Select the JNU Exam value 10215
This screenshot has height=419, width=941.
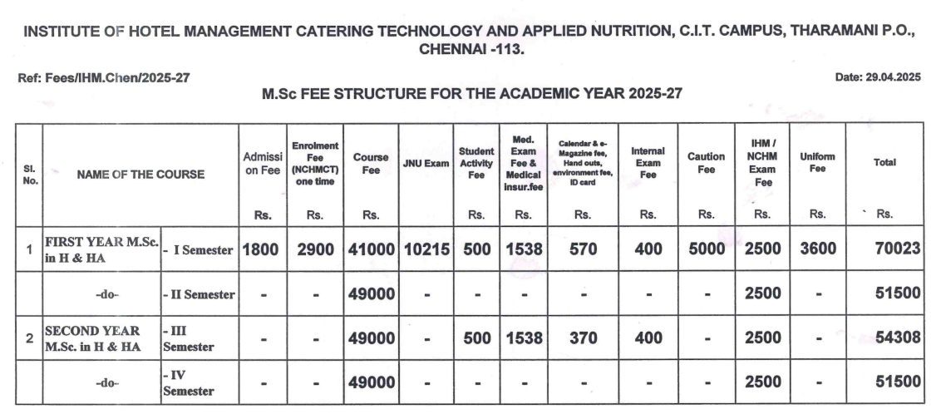tap(426, 249)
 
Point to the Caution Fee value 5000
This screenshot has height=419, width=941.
tap(706, 249)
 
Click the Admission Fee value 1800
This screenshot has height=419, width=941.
tap(263, 249)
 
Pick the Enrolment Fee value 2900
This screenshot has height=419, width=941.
tap(314, 249)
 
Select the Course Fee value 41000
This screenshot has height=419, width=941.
tap(371, 249)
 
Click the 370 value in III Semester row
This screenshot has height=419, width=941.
tap(583, 338)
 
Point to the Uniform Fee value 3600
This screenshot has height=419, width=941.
tap(817, 249)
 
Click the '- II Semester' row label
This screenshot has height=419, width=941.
tap(199, 294)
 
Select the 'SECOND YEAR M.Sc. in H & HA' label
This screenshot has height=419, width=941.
tap(92, 338)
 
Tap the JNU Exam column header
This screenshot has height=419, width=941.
tap(426, 163)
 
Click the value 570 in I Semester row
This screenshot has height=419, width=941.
tap(583, 249)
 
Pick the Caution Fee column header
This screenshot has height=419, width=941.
tap(706, 163)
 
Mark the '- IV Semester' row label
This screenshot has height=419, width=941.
tap(188, 383)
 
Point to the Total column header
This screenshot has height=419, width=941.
tap(884, 163)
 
